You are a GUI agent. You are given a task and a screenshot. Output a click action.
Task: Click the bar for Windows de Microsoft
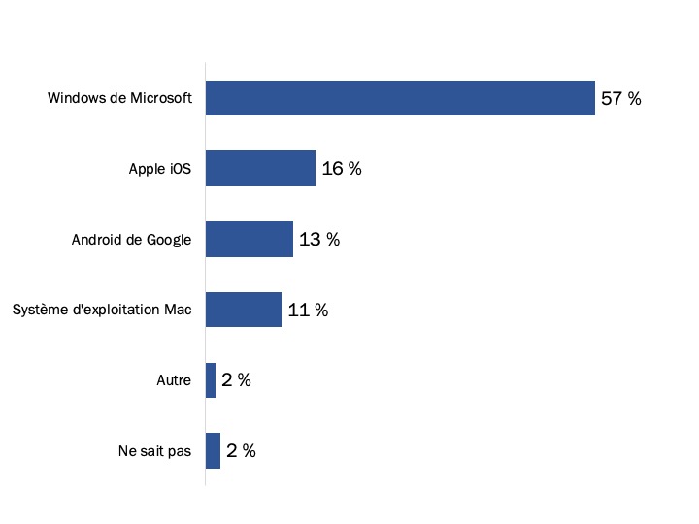click(x=400, y=98)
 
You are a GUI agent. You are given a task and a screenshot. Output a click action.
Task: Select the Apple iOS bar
click(x=260, y=169)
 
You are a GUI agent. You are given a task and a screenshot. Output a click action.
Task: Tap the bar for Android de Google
click(x=250, y=240)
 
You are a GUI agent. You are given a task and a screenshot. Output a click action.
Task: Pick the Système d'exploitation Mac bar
click(x=244, y=310)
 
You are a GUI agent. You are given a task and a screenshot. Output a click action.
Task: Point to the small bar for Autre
click(x=211, y=380)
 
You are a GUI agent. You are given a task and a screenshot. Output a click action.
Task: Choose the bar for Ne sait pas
click(x=213, y=451)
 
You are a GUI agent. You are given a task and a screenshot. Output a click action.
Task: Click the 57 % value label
click(x=621, y=98)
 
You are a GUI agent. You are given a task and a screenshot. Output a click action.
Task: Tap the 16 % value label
click(x=342, y=169)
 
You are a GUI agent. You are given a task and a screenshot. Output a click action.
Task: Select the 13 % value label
click(x=319, y=240)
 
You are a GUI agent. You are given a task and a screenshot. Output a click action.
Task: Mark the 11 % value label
click(x=308, y=311)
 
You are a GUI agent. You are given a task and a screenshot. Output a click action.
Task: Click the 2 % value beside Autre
click(x=236, y=380)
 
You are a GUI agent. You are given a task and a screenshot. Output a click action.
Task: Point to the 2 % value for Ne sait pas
click(x=241, y=451)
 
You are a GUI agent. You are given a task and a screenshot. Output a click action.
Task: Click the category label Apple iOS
click(x=160, y=169)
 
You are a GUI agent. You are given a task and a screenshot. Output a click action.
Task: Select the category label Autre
click(x=174, y=380)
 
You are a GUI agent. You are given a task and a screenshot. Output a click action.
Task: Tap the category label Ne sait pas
click(x=153, y=451)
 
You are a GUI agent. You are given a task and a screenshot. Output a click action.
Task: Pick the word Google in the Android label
click(x=169, y=240)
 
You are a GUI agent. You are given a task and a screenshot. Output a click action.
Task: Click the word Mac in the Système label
click(x=180, y=311)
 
